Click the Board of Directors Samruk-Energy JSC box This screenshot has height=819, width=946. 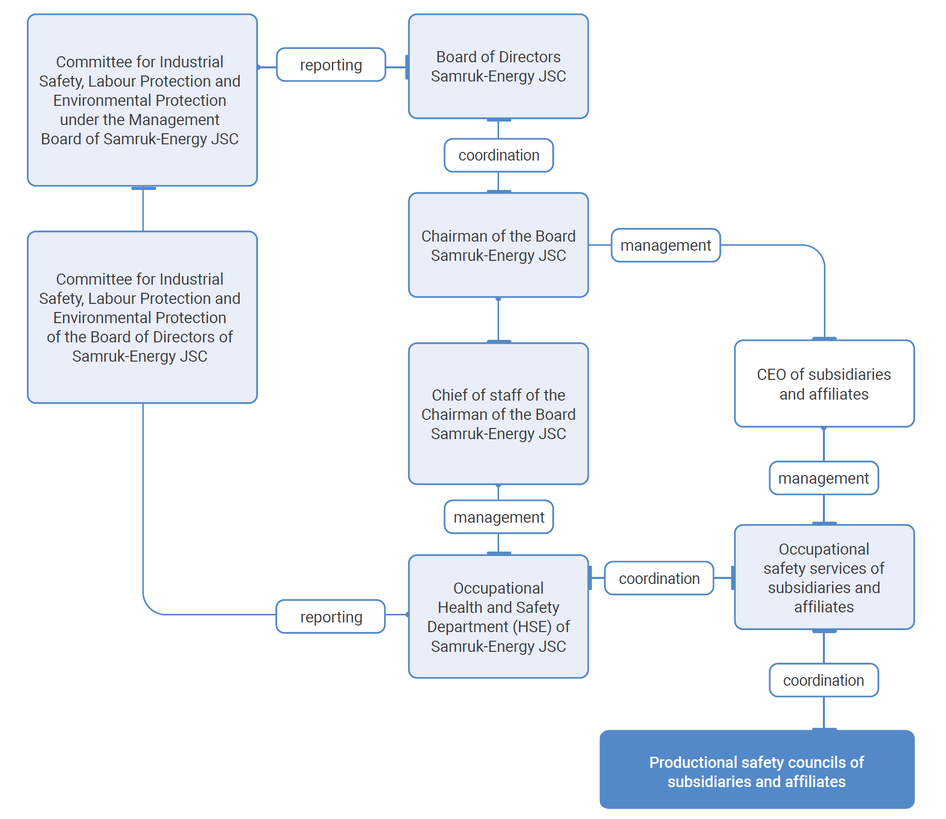coord(498,66)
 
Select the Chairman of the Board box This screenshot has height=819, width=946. coord(498,245)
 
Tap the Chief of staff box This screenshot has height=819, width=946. coord(498,414)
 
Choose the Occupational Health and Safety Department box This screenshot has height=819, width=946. coord(498,616)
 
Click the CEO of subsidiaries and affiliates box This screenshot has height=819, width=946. coord(824,383)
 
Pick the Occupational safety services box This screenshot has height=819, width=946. coord(824,577)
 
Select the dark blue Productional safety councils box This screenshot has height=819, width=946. coord(756,769)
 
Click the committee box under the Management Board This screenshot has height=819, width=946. coord(142,100)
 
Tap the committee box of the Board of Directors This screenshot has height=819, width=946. coord(142,318)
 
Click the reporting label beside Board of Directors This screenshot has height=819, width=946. coord(331,65)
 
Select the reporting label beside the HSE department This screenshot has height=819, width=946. coord(331,617)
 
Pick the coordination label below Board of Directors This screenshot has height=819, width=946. coord(499,155)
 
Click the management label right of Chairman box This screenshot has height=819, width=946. coord(665,246)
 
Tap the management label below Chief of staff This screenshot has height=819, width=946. coord(499,517)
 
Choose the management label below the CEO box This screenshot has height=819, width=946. coord(823,478)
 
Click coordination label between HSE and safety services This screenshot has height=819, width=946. coord(659,578)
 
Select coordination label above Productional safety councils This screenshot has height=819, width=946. coord(823,680)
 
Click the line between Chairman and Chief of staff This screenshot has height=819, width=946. coord(498,320)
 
